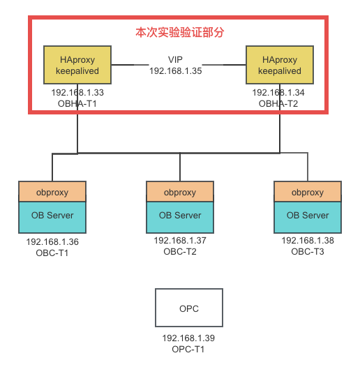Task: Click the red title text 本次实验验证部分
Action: pos(180,33)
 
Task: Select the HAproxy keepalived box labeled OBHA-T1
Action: pos(77,65)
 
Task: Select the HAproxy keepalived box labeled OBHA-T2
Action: pos(280,65)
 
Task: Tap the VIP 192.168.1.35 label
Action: pos(175,65)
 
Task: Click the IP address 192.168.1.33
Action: pos(77,92)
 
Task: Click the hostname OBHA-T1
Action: pos(77,103)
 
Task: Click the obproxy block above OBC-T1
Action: pos(52,192)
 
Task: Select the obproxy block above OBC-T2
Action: pos(180,192)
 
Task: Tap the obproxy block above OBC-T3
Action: pos(308,192)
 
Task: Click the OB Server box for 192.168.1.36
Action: pos(52,216)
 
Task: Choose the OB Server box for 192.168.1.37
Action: pos(180,216)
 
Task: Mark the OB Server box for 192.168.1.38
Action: pos(308,216)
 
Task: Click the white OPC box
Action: pos(189,308)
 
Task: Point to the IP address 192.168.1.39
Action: pos(188,338)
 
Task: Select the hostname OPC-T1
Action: pos(188,348)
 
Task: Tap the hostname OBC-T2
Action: pos(180,251)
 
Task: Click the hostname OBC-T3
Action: pos(308,251)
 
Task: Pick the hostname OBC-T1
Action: pos(52,253)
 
